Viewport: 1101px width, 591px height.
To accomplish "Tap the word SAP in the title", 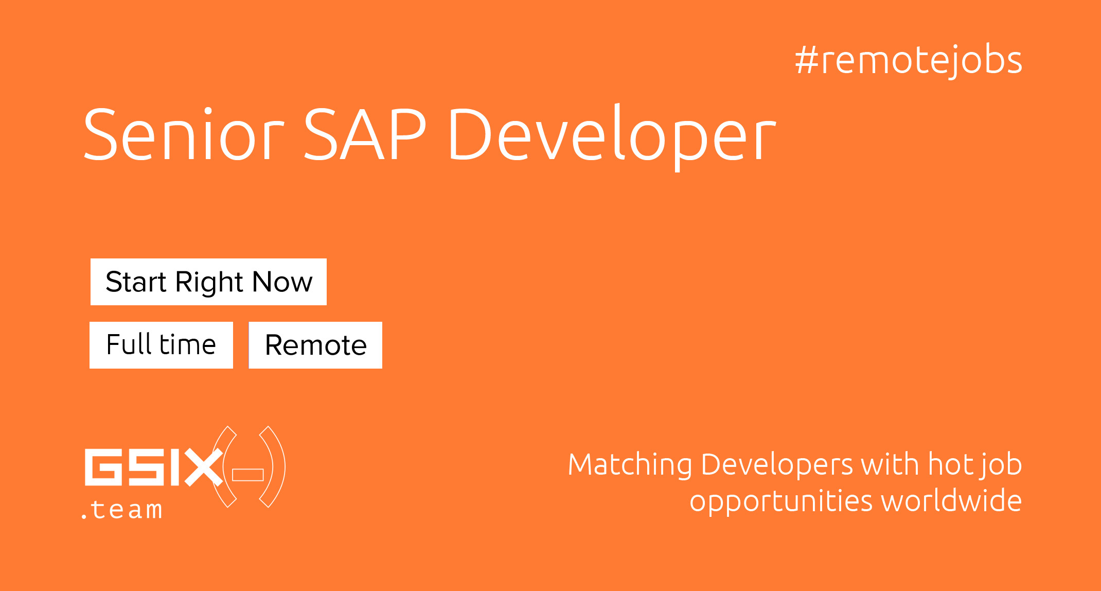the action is point(365,134).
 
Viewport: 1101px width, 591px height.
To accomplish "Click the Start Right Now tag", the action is point(208,282).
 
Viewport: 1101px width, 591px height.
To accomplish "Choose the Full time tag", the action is point(161,345).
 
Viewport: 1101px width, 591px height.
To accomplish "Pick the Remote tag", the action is point(315,345).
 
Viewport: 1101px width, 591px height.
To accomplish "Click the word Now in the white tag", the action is point(282,282).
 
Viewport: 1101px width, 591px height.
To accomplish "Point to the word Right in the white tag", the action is point(209,284).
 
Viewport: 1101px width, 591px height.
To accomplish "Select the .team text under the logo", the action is point(122,509).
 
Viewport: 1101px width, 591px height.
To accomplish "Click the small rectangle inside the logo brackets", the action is point(248,474).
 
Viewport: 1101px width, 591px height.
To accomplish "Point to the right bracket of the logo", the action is point(273,466).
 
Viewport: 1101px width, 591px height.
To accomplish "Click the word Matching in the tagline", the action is point(630,465).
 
